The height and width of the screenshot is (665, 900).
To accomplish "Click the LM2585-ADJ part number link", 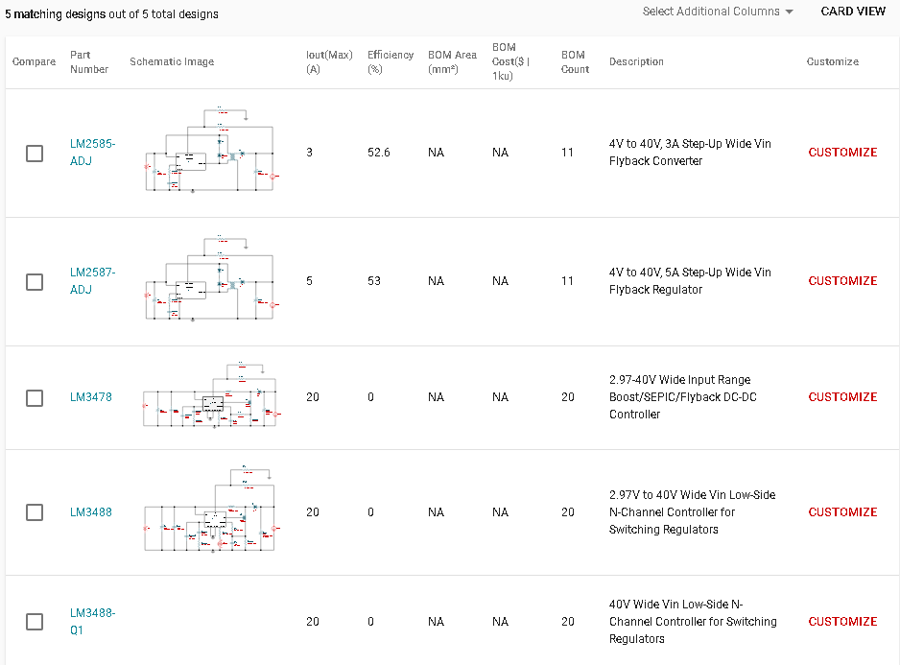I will coord(92,153).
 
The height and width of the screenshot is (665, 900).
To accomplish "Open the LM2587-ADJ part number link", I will coord(92,281).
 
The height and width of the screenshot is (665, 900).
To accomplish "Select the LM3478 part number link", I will coord(90,397).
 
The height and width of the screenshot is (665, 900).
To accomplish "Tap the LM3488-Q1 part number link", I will coord(92,622).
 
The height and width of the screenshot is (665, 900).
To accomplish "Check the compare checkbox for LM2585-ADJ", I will coord(35,154).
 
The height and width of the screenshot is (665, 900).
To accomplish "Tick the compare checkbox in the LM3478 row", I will coord(35,398).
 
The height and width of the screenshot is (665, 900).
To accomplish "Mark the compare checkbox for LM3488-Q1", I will coord(35,622).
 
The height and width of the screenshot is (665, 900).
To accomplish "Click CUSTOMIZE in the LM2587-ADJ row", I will coord(842,281).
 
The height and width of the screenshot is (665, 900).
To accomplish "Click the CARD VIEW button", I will coord(853,12).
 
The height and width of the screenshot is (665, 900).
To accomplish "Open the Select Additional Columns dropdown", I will coord(718,12).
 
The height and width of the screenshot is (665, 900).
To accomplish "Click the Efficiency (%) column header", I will coord(391,61).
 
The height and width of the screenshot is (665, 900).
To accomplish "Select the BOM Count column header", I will coord(575,61).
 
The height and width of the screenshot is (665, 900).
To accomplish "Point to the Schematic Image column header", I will coord(172,61).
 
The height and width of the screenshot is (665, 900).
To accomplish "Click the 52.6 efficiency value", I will coord(379,153).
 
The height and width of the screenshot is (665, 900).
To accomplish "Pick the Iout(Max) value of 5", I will coord(310,281).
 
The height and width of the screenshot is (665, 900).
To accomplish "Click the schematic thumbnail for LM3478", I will coord(210,395).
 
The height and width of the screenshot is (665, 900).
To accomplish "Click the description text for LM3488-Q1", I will coord(693,622).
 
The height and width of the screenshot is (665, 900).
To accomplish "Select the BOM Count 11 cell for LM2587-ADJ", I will coord(568,281).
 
